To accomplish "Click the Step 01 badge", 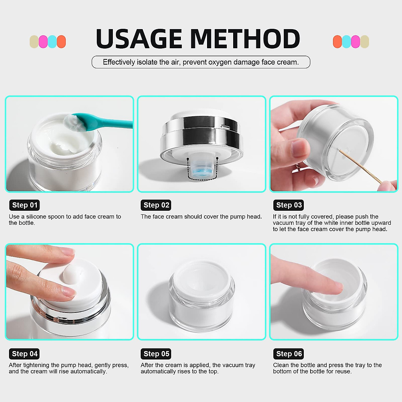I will [x=25, y=205].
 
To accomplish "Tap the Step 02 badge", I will [x=156, y=205].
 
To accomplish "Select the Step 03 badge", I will [x=289, y=205].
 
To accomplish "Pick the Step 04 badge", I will [x=25, y=354].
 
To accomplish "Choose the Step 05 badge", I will [x=156, y=354].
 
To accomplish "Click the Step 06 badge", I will [x=289, y=354].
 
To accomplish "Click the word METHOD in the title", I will [x=245, y=39].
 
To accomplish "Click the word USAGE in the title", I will [x=139, y=39].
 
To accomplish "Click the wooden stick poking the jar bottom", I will [x=360, y=166].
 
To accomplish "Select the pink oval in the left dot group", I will [x=43, y=42].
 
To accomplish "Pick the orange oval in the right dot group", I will [x=337, y=42].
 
